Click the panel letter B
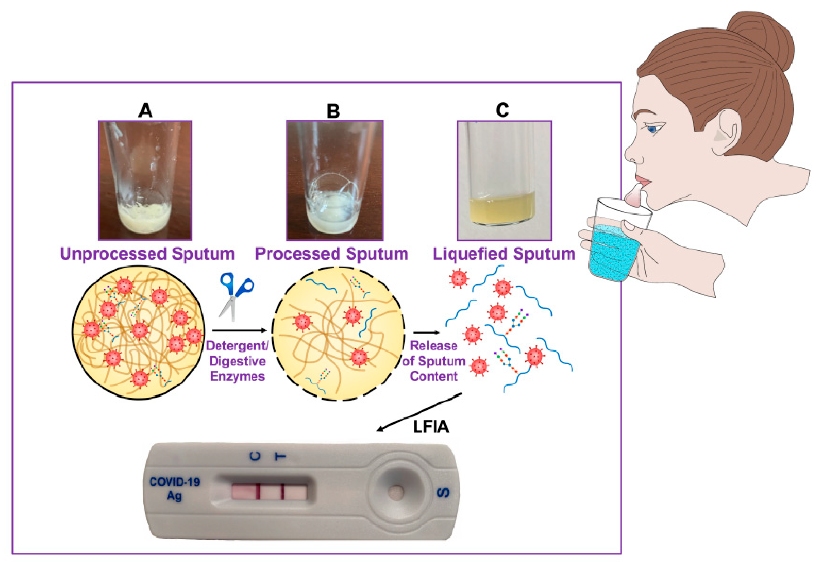[333, 111]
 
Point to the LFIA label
[431, 427]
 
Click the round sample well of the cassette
[395, 492]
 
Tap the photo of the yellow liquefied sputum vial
[504, 181]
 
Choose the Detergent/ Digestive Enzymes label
[237, 361]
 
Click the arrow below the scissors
[239, 330]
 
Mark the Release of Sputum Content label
[434, 361]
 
